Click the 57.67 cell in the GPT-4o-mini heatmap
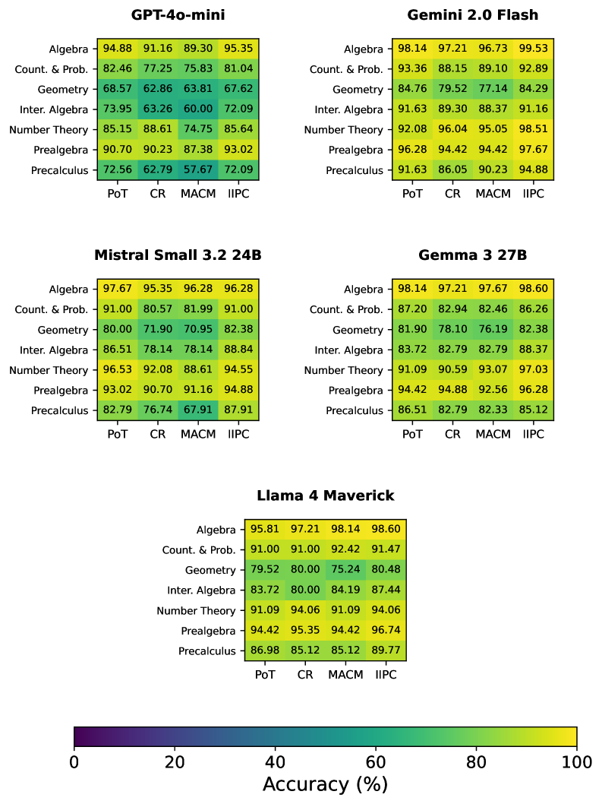coord(198,170)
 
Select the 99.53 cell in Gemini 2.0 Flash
coord(534,49)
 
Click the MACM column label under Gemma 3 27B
coord(493,434)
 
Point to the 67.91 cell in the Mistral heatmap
coord(198,410)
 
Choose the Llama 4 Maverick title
coord(326,495)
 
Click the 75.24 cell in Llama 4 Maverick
coord(346,570)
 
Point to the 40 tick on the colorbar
coord(275,762)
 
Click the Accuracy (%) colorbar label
coord(325,784)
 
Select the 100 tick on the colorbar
coord(576,762)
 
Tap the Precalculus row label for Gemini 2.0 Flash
coord(354,170)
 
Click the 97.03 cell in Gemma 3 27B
coord(534,370)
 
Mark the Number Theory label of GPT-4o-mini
coord(49,130)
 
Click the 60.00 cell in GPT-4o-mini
coord(198,109)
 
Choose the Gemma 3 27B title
coord(472,255)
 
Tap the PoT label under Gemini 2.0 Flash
coord(412,194)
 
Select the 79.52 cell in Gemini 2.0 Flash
coord(452,89)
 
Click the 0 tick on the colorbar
coord(74,762)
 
